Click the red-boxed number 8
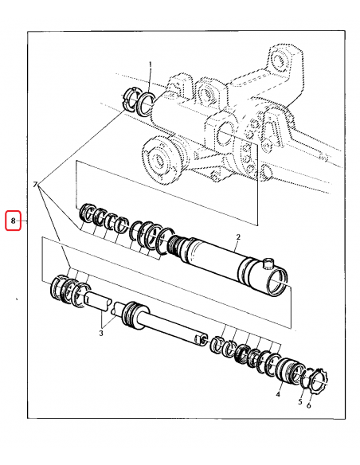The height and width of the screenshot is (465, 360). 13,219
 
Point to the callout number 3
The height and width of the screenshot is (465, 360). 101,333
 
